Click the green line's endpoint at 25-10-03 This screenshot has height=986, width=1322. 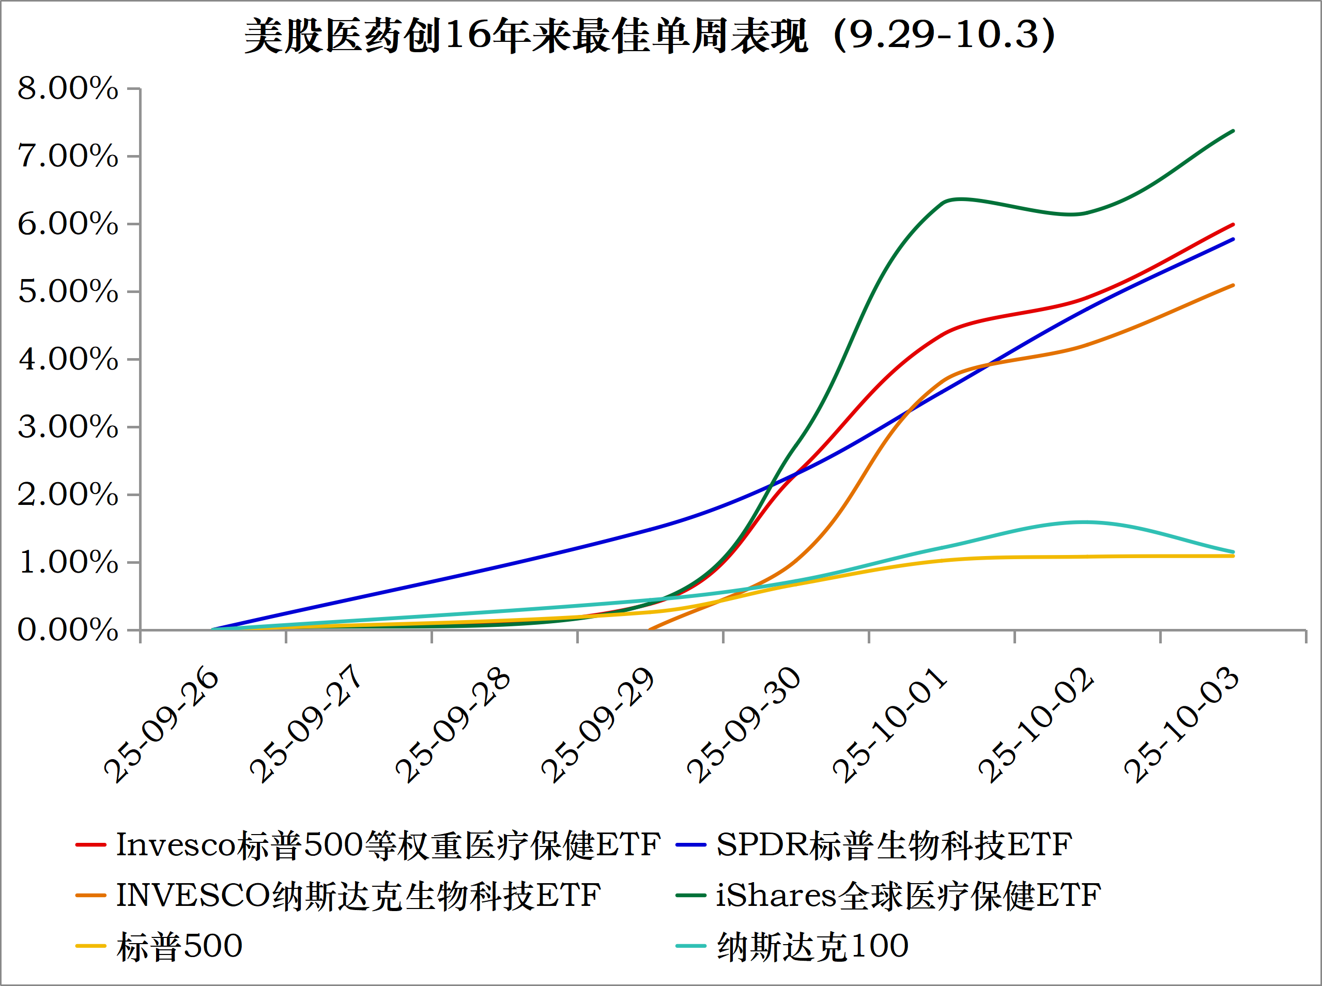[x=1233, y=131]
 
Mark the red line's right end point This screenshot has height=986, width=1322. [x=1233, y=224]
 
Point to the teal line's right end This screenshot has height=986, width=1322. [x=1233, y=551]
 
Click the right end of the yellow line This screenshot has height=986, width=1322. [x=1233, y=556]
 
